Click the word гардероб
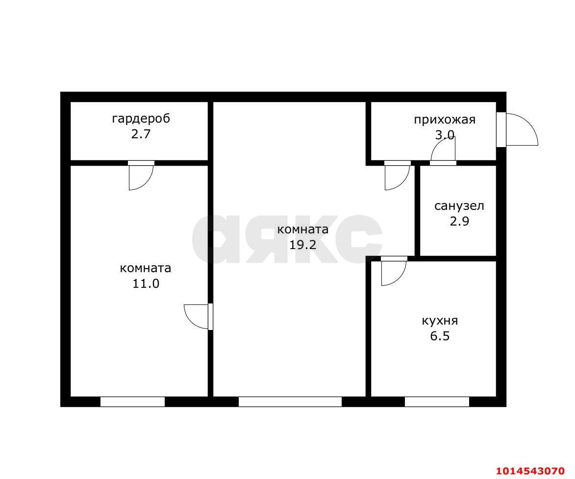(x=141, y=119)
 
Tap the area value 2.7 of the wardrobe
(x=141, y=134)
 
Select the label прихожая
(x=445, y=120)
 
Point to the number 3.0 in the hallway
(x=445, y=135)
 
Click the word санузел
(x=459, y=206)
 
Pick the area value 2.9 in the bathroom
(x=459, y=222)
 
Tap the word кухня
(x=440, y=321)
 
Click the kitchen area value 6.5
(x=440, y=336)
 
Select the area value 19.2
(x=302, y=245)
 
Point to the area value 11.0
(x=146, y=283)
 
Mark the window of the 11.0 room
(x=132, y=402)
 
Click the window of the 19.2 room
(x=290, y=402)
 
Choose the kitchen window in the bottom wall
(x=437, y=402)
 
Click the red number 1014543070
(x=530, y=471)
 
